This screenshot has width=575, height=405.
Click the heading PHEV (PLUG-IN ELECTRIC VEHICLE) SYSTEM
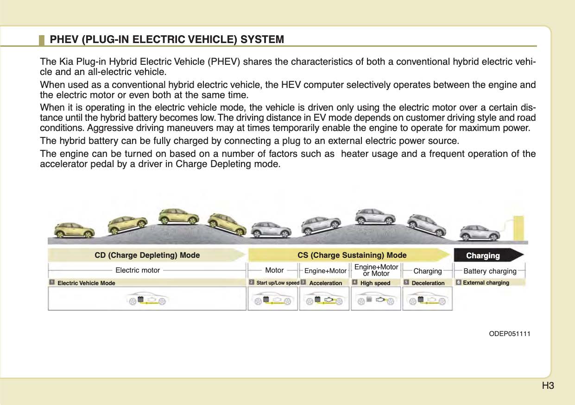tap(167, 39)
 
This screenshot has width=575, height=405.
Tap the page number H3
tap(548, 386)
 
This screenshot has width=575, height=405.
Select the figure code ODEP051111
tap(510, 333)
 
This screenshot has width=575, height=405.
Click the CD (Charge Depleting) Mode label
tap(147, 255)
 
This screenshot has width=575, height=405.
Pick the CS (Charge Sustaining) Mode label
tap(352, 255)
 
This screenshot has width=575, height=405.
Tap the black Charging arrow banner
tap(487, 255)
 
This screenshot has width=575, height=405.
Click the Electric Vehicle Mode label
tap(86, 283)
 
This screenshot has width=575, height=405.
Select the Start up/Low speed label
tap(278, 283)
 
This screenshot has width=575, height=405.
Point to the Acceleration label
tap(325, 283)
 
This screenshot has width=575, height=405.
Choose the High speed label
tap(375, 283)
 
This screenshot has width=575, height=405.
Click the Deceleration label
tap(428, 283)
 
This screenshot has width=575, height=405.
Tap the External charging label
tap(486, 282)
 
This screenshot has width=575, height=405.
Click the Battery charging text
tap(490, 271)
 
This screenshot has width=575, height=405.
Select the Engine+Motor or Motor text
tap(376, 270)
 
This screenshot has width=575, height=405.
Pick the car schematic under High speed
tap(376, 300)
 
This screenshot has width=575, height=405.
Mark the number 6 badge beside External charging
tap(458, 282)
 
